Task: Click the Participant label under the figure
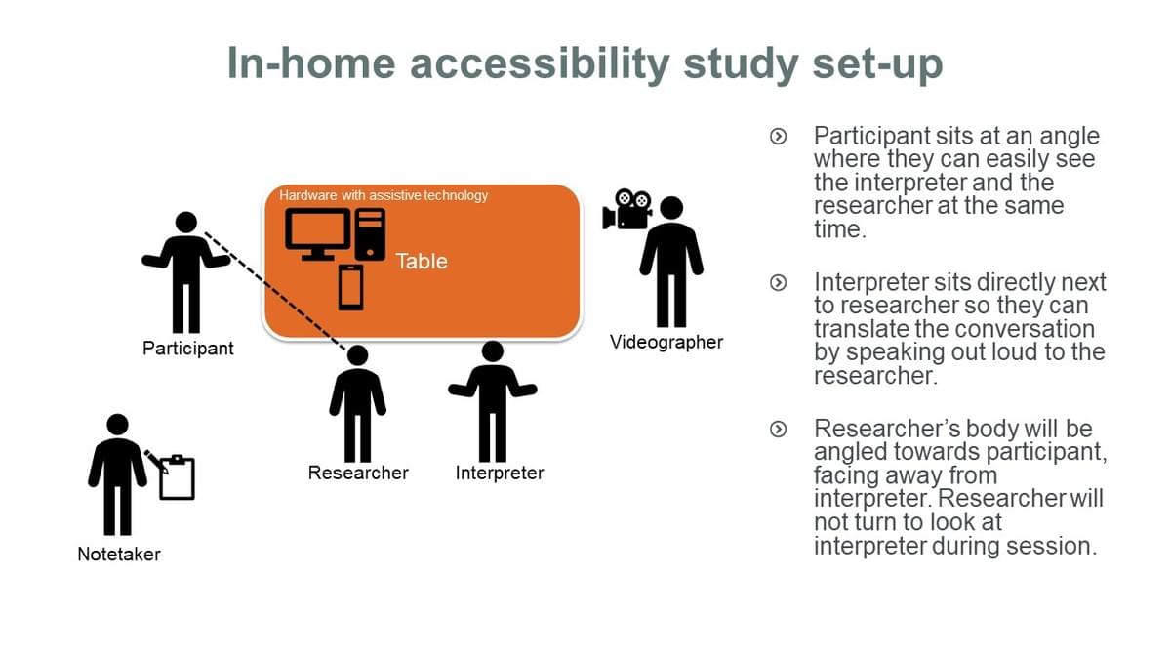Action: click(x=187, y=349)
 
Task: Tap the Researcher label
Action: click(x=358, y=474)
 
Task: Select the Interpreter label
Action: click(x=499, y=474)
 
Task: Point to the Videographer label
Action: click(x=666, y=342)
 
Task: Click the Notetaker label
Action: click(x=119, y=555)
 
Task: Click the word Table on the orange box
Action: click(x=422, y=261)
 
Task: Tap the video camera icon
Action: click(x=627, y=209)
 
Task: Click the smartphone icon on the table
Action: click(x=350, y=287)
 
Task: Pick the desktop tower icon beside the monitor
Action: click(x=370, y=233)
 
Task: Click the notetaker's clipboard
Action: click(x=177, y=478)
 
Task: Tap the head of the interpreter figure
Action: click(x=493, y=351)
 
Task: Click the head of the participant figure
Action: click(x=186, y=223)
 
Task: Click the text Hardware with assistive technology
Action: click(x=383, y=195)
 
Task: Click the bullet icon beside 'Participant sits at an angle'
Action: click(x=778, y=137)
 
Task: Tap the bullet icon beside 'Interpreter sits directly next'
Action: click(x=778, y=283)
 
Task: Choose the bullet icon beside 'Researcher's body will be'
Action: click(x=778, y=430)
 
